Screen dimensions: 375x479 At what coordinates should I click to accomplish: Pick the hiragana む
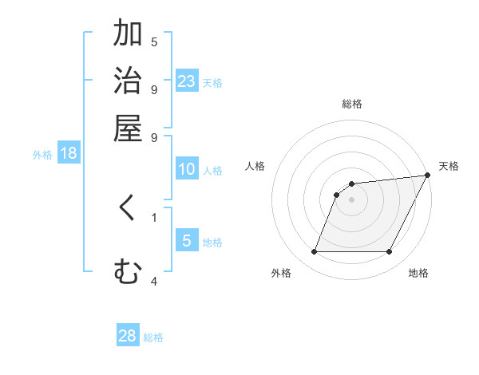pyautogui.click(x=128, y=273)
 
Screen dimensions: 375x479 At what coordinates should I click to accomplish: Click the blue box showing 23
pyautogui.click(x=187, y=81)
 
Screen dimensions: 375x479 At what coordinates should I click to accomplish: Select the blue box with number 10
pyautogui.click(x=187, y=169)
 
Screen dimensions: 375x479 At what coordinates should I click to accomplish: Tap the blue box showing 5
pyautogui.click(x=187, y=241)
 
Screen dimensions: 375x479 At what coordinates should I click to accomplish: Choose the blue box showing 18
pyautogui.click(x=69, y=153)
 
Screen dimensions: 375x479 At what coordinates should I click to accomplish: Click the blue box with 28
pyautogui.click(x=128, y=336)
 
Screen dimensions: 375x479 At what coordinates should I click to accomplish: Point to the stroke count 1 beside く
pyautogui.click(x=154, y=216)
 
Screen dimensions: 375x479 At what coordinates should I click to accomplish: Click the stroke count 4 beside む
pyautogui.click(x=154, y=281)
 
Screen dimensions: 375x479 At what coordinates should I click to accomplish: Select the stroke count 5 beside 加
pyautogui.click(x=154, y=41)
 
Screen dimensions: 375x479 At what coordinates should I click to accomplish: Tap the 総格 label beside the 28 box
pyautogui.click(x=153, y=337)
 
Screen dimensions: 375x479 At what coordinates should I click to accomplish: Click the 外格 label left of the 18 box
pyautogui.click(x=42, y=155)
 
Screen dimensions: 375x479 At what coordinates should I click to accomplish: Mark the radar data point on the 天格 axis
pyautogui.click(x=427, y=175)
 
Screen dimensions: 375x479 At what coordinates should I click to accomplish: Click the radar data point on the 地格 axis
pyautogui.click(x=390, y=252)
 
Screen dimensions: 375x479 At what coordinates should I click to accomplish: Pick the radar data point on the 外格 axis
pyautogui.click(x=315, y=252)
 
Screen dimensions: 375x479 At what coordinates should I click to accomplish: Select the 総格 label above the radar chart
pyautogui.click(x=352, y=104)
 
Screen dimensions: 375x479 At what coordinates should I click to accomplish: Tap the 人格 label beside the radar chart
pyautogui.click(x=255, y=165)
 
